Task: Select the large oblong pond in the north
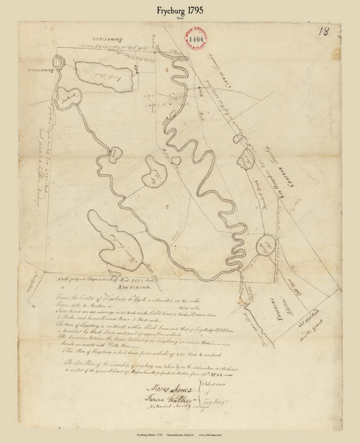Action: pos(103,76)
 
